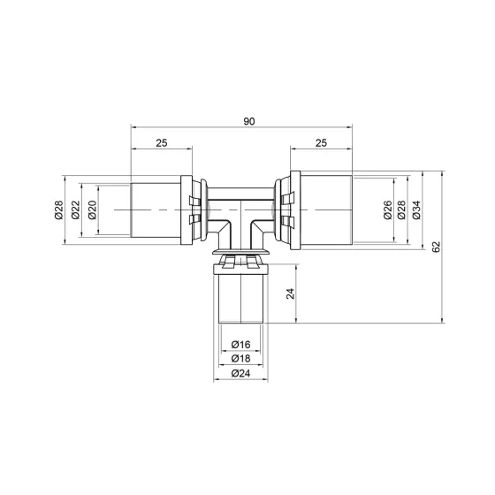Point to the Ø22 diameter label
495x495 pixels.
77,209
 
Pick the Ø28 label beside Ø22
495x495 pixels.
58,209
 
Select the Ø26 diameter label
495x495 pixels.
388,209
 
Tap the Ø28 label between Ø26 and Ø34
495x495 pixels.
402,209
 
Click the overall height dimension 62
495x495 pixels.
437,248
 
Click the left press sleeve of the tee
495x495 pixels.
156,209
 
